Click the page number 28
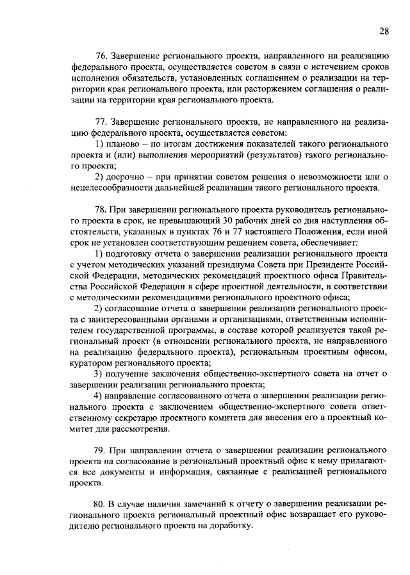click(384, 31)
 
